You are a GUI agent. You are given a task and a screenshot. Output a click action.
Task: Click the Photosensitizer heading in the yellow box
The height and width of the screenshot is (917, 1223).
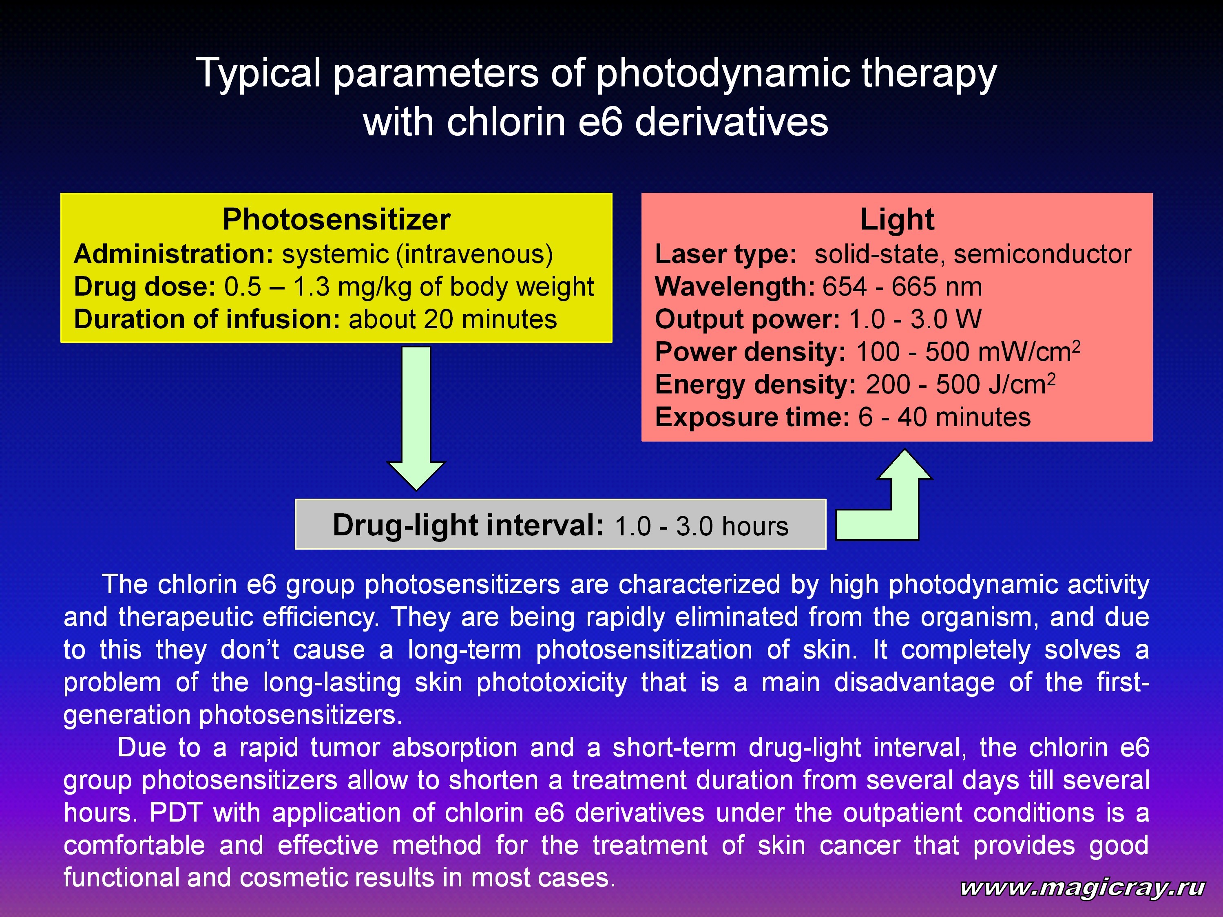tap(336, 219)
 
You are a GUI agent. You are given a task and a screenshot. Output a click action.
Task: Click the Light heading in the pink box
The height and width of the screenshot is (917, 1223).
tap(897, 219)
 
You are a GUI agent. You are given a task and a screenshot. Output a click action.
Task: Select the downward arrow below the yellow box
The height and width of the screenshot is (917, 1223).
tap(416, 418)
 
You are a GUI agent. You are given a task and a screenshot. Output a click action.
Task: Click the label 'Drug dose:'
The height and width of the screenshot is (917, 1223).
tap(145, 287)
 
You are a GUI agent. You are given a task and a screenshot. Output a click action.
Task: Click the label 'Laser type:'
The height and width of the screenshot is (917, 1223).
tap(726, 255)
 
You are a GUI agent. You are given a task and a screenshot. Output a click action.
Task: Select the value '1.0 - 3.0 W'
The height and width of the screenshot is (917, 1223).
tap(915, 320)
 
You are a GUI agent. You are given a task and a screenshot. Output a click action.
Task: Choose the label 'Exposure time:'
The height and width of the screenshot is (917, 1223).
tap(752, 418)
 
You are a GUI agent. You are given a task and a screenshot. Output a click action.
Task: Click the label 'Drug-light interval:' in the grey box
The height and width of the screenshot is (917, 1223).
tap(468, 525)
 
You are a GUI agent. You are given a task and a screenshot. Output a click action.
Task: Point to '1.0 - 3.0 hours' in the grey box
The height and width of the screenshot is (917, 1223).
tap(701, 526)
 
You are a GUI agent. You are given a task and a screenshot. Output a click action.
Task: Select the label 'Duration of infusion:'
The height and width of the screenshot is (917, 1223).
tap(207, 320)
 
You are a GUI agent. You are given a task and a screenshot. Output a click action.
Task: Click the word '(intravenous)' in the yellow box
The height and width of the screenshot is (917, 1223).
tap(474, 255)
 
